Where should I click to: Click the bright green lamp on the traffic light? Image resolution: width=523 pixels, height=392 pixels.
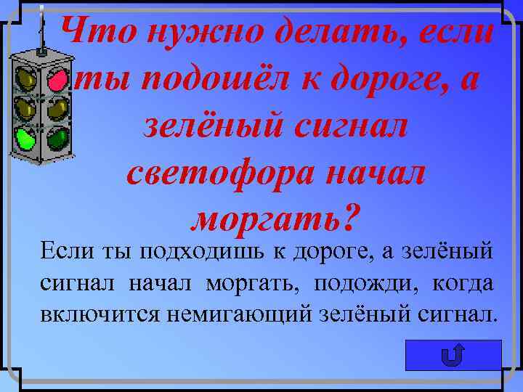(27, 137)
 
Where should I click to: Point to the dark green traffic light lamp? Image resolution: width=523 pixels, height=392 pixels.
(57, 137)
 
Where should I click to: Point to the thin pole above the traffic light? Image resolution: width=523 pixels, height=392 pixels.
(41, 29)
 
